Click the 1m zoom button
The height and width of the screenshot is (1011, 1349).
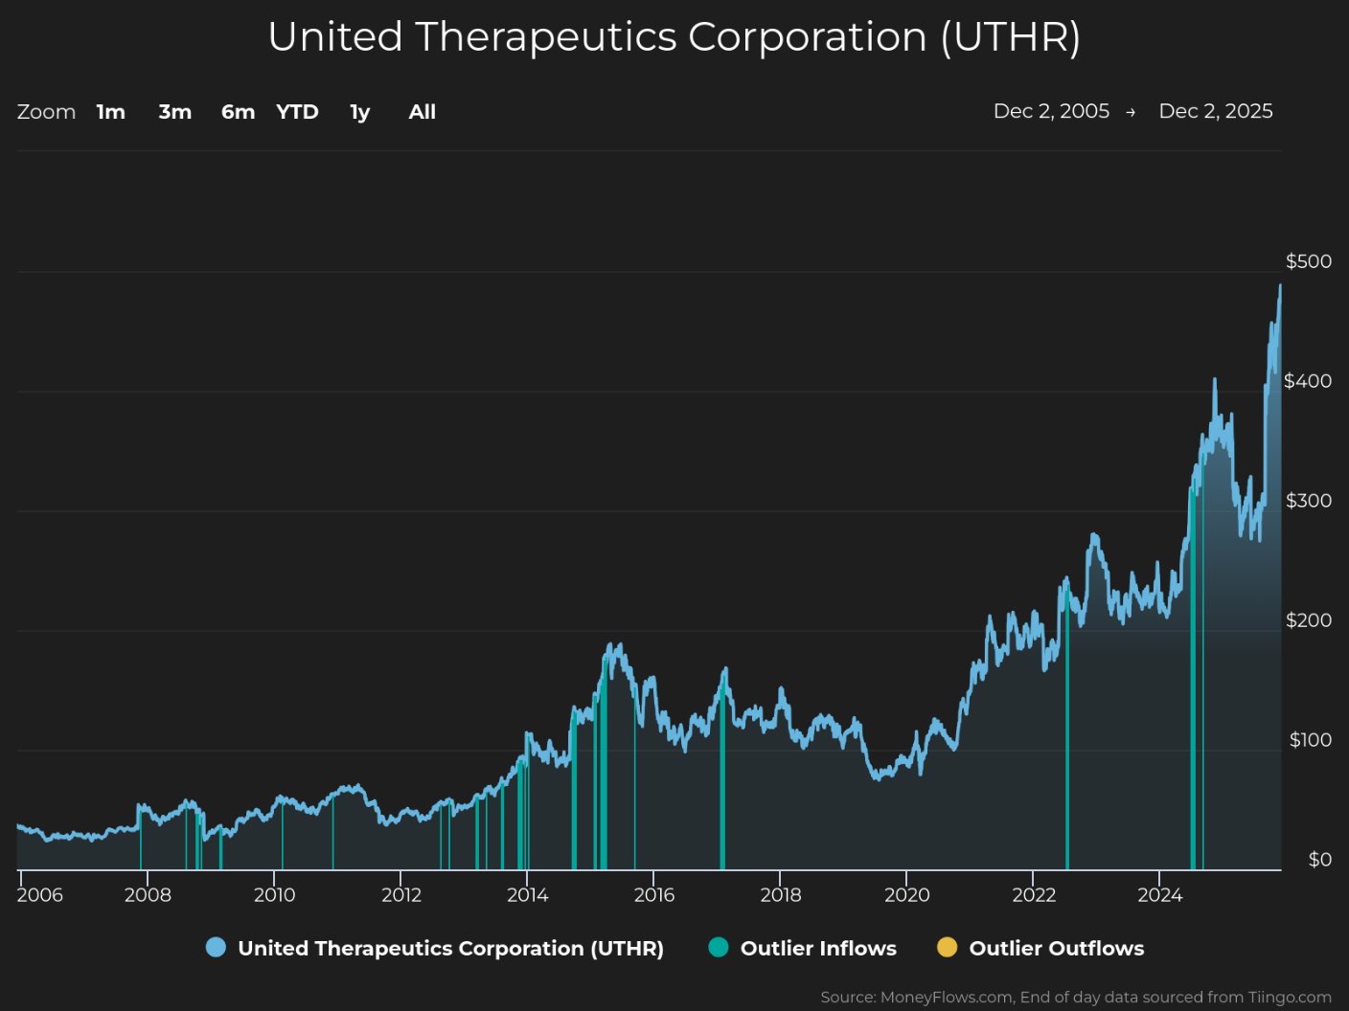(x=110, y=112)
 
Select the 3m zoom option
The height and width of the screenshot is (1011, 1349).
(x=175, y=112)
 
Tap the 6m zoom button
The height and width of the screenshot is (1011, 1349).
(x=238, y=112)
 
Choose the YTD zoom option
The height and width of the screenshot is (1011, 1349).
(x=297, y=112)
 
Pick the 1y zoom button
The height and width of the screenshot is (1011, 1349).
(x=360, y=112)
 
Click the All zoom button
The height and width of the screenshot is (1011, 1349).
(x=423, y=112)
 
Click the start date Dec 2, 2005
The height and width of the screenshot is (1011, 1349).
(x=1051, y=111)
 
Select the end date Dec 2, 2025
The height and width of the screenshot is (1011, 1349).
(x=1216, y=111)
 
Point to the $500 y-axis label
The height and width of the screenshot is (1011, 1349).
(x=1309, y=261)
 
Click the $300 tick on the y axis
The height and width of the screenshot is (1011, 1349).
(x=1309, y=501)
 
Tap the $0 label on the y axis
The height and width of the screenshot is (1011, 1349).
(x=1320, y=860)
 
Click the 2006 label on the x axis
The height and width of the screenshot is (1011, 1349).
(x=40, y=895)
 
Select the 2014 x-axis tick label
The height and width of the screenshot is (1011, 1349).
(x=527, y=895)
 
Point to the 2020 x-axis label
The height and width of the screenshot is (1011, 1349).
(x=906, y=895)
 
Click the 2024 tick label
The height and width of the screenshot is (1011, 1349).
(x=1159, y=895)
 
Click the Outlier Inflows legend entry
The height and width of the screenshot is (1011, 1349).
(x=803, y=948)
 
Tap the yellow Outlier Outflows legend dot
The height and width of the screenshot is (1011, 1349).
(x=947, y=947)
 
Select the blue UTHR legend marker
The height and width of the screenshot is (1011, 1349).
(x=216, y=947)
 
